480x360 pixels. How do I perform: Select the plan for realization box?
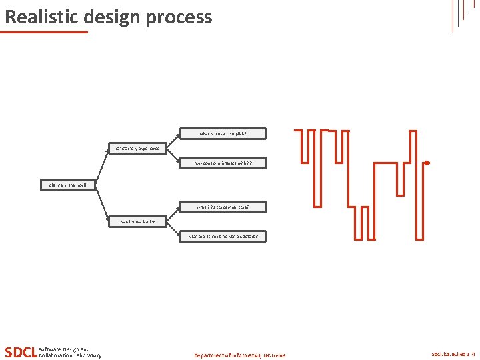click(137, 221)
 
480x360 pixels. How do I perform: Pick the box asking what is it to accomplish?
click(223, 134)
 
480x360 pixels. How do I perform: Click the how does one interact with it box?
click(223, 163)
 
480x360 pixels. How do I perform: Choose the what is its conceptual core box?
click(223, 207)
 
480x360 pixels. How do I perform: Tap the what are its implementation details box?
click(223, 236)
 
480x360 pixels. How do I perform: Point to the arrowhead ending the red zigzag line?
click(427, 163)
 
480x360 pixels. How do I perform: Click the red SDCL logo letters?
click(21, 352)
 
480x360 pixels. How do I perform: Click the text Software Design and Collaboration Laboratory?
click(70, 352)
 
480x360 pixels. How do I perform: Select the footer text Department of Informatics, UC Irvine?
click(239, 355)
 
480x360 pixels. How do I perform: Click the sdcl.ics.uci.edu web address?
click(450, 355)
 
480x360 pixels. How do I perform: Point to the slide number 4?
click(473, 355)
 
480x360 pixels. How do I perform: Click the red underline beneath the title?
click(44, 31)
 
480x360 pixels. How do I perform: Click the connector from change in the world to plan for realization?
click(102, 203)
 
